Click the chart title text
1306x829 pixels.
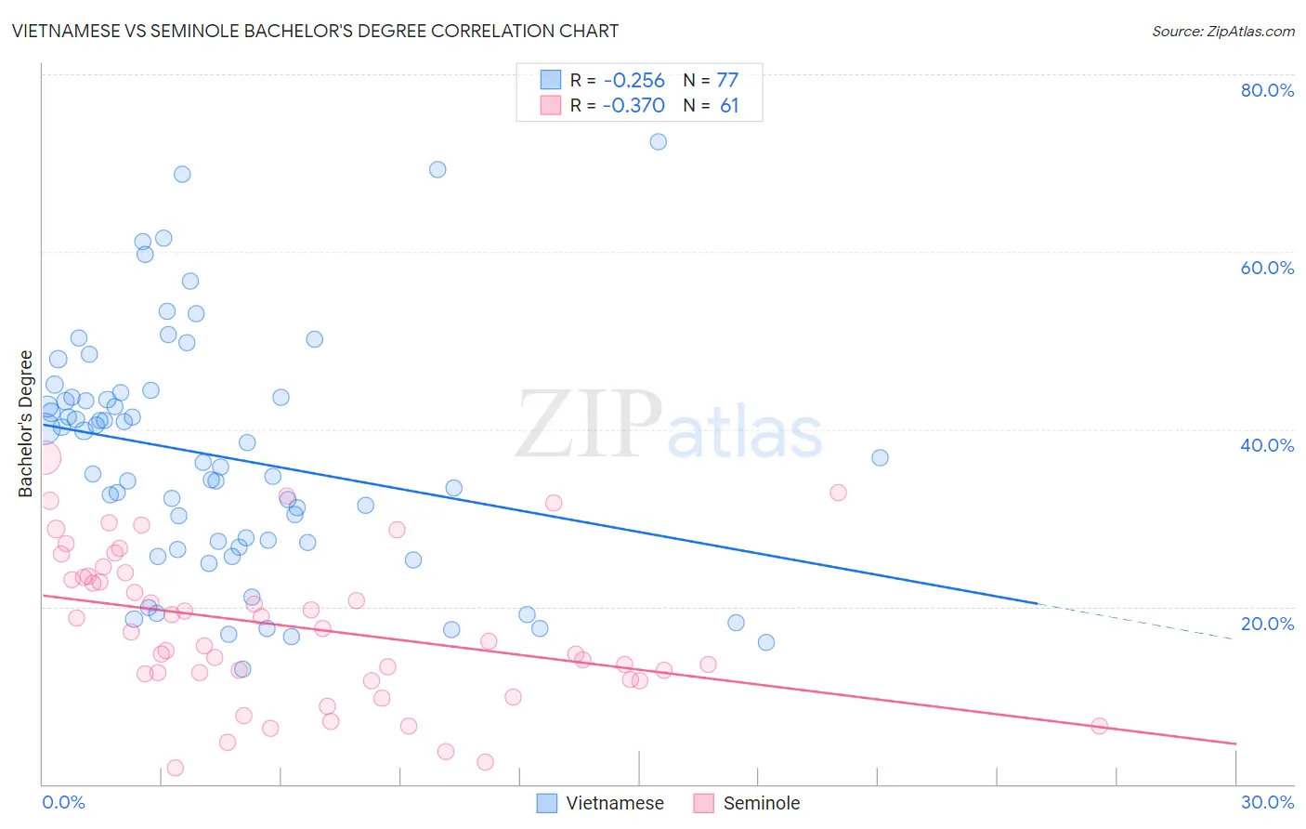coord(315,31)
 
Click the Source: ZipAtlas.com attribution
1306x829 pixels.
coord(1222,31)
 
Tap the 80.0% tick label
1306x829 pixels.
coord(1267,90)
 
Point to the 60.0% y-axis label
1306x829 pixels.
coord(1267,268)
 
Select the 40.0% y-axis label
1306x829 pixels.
coord(1267,445)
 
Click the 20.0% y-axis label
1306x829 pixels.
coord(1267,624)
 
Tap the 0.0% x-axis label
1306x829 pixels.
coord(63,802)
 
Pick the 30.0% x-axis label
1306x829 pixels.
coord(1267,802)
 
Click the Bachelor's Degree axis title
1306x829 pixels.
coord(26,424)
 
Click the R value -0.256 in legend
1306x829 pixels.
coord(633,81)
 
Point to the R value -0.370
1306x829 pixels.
coord(633,106)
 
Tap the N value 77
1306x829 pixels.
coord(727,81)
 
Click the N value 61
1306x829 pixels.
coord(729,106)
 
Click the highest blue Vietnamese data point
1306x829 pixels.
coord(659,142)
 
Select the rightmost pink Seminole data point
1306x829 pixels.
coord(1100,726)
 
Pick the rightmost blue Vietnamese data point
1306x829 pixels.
coord(880,457)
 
